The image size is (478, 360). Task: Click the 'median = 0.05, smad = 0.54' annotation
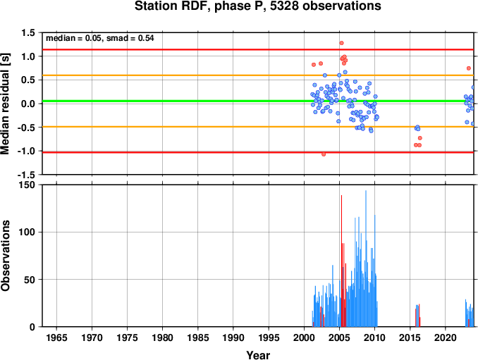click(99, 38)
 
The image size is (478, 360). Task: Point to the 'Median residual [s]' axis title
click(5, 104)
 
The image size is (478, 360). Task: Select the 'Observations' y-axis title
click(5, 256)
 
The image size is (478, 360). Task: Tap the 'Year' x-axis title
click(258, 355)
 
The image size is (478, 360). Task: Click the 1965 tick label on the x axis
click(56, 337)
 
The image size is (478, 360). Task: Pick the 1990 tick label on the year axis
click(233, 337)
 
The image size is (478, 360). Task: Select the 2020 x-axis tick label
click(446, 337)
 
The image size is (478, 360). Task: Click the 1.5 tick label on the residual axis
click(28, 32)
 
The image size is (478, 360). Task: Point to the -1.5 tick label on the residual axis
click(26, 175)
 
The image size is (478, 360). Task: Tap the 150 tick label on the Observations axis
click(27, 185)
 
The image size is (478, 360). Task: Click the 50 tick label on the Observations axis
click(30, 280)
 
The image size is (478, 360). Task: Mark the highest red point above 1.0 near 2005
click(341, 43)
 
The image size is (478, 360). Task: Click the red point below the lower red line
click(324, 154)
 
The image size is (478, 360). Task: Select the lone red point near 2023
click(469, 68)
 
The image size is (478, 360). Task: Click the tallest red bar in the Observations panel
click(341, 261)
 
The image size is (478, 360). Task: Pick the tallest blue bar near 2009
click(366, 259)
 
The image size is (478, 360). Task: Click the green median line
click(258, 101)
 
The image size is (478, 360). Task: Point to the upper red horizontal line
click(258, 49)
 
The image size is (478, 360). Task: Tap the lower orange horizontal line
click(258, 127)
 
